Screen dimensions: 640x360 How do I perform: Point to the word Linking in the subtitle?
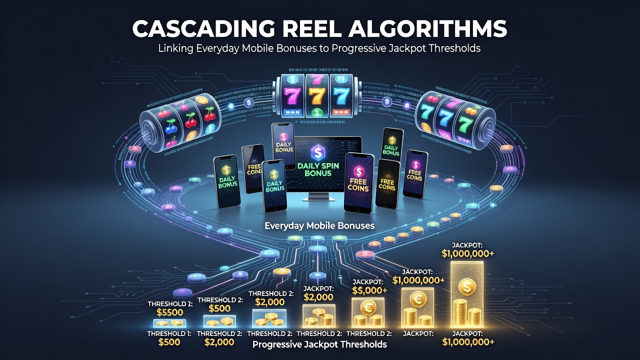point(176,48)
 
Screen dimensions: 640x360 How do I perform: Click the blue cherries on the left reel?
point(171,127)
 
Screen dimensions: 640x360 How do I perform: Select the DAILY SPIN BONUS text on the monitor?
point(318,169)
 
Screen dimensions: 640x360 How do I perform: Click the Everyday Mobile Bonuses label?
point(319,225)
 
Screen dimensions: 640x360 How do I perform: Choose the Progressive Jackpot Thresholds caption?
point(319,344)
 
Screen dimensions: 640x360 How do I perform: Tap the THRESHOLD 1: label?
point(169,333)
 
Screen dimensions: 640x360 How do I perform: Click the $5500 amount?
point(170,312)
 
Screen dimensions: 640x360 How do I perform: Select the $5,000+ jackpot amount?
point(369,290)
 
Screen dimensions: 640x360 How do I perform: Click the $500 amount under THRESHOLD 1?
point(169,342)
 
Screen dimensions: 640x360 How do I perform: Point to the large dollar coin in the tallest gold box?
point(467,287)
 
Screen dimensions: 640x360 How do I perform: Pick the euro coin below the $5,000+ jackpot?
point(367,307)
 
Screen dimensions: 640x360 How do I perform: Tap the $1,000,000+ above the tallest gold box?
point(467,253)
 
